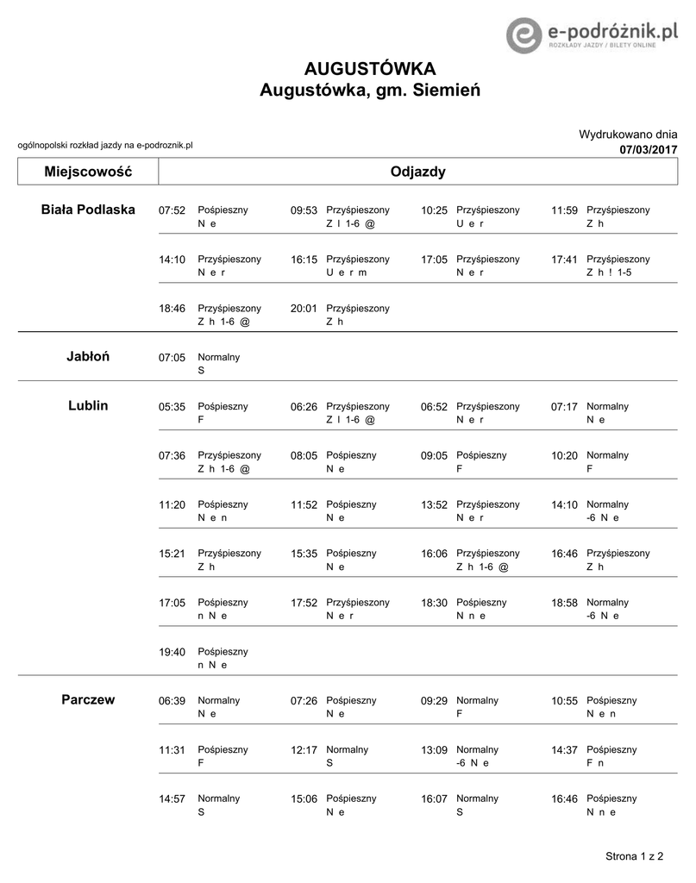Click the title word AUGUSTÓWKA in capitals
pos(370,69)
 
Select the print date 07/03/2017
pos(649,150)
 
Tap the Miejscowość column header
pos(88,172)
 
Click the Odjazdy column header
pos(418,172)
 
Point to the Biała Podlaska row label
pos(88,210)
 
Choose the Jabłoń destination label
pos(88,357)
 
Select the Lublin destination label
pos(88,405)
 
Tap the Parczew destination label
pos(88,699)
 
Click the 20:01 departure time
pos(304,309)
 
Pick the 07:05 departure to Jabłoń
pos(172,358)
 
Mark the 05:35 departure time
pos(172,407)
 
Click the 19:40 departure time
pos(172,653)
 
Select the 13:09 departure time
pos(435,751)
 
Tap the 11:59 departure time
pos(565,210)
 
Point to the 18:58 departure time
pos(565,604)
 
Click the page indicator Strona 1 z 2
pos(635,856)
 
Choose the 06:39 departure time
pos(172,702)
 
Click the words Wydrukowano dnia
pos(628,135)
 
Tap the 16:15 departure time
pos(304,260)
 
